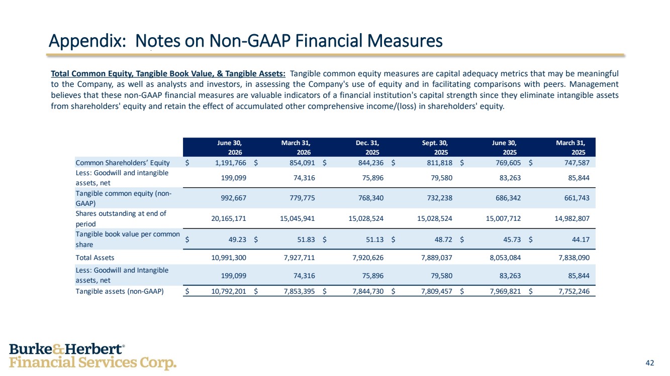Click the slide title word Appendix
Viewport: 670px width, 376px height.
click(87, 41)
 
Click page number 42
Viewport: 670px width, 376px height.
click(650, 363)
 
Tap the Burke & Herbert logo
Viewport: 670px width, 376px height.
click(92, 356)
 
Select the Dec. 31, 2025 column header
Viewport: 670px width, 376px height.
click(367, 148)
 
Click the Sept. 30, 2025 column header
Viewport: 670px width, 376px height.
click(435, 148)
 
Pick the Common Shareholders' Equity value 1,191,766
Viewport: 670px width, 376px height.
click(231, 163)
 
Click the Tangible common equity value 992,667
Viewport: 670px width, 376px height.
click(234, 198)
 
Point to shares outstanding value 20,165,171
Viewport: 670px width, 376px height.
click(229, 218)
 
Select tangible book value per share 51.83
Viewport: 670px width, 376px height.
click(306, 239)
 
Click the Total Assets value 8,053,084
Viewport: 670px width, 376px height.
click(505, 258)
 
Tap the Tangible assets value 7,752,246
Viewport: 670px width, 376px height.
click(574, 291)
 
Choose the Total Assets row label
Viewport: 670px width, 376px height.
click(95, 258)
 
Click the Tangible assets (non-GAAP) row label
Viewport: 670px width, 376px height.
click(120, 291)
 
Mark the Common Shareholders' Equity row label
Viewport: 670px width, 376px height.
click(123, 163)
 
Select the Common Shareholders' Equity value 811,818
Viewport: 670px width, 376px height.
click(440, 163)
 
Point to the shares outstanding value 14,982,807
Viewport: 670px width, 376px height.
click(572, 218)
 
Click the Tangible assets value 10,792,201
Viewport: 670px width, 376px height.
click(229, 291)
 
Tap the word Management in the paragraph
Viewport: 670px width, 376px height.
click(594, 84)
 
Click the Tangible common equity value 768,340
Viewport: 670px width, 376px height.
click(371, 198)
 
